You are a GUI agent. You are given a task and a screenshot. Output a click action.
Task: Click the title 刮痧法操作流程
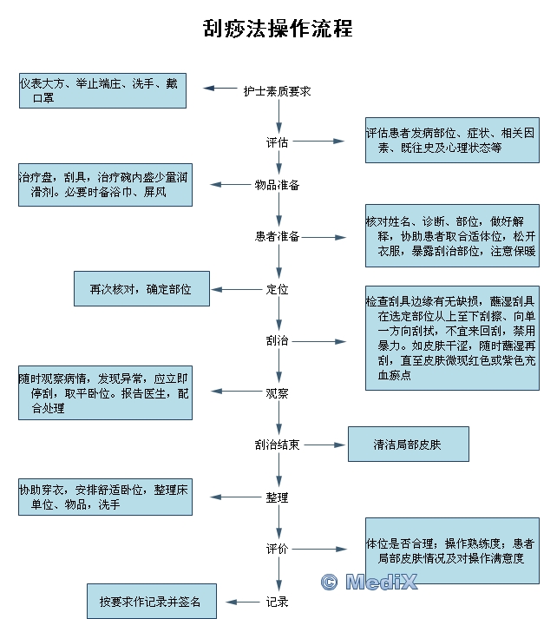[x=278, y=29]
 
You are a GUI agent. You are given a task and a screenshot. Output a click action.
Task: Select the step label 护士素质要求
[x=278, y=89]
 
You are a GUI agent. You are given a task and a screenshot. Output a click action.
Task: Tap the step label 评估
[x=278, y=142]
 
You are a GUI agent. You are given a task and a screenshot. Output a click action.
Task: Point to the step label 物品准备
[x=278, y=185]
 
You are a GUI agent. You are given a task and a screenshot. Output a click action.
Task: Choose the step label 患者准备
[x=278, y=236]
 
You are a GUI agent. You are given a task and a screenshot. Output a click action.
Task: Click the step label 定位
[x=278, y=289]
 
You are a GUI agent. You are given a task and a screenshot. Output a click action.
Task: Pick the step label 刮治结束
[x=278, y=444]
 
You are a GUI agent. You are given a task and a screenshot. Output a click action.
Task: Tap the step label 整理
[x=278, y=497]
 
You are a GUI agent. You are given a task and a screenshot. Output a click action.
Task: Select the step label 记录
[x=278, y=601]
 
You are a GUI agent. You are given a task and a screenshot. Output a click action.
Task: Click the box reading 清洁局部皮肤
[x=408, y=444]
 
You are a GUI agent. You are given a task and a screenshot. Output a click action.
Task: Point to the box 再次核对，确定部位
[x=141, y=288]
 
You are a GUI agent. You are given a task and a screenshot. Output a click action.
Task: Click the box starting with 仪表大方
[x=102, y=90]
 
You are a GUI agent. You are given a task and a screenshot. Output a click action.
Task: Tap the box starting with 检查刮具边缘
[x=451, y=337]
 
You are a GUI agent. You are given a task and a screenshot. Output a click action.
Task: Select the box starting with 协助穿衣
[x=105, y=497]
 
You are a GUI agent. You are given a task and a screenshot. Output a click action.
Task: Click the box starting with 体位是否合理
[x=451, y=550]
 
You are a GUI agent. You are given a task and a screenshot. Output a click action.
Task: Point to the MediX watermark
[x=370, y=582]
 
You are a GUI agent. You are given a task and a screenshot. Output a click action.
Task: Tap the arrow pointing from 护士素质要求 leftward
[x=220, y=89]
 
